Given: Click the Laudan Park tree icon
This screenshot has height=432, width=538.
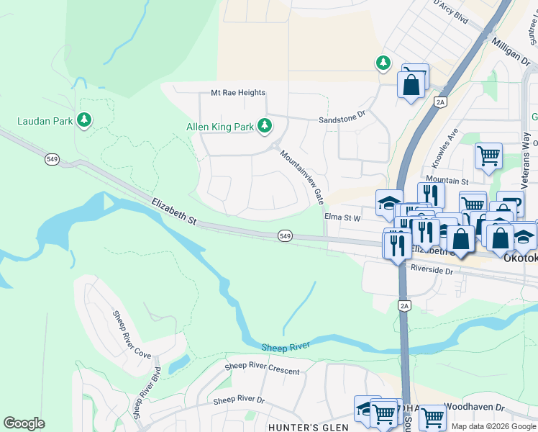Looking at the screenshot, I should point(85,120).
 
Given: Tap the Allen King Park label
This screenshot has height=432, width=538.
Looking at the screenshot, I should point(220,127).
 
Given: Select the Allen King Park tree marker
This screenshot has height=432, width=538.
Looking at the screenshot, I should point(265,126).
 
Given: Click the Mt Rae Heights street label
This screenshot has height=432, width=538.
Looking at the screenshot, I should point(238,93).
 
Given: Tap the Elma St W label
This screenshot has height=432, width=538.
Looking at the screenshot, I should point(343,216).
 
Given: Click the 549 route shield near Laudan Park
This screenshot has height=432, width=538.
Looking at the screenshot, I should point(52,159).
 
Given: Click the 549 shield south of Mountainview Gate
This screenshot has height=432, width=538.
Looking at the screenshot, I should point(285,235).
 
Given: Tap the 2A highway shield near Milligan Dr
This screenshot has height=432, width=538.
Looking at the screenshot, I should point(441,102).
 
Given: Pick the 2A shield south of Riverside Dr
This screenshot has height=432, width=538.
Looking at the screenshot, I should point(403,305).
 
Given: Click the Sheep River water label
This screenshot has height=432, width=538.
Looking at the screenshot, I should point(286,346).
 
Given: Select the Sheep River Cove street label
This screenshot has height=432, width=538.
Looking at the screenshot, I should point(132,335).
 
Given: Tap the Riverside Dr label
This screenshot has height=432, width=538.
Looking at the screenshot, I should point(432,270).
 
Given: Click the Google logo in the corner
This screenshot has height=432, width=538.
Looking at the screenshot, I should point(24,423).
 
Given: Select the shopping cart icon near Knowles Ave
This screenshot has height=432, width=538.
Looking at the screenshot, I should point(488,156).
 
